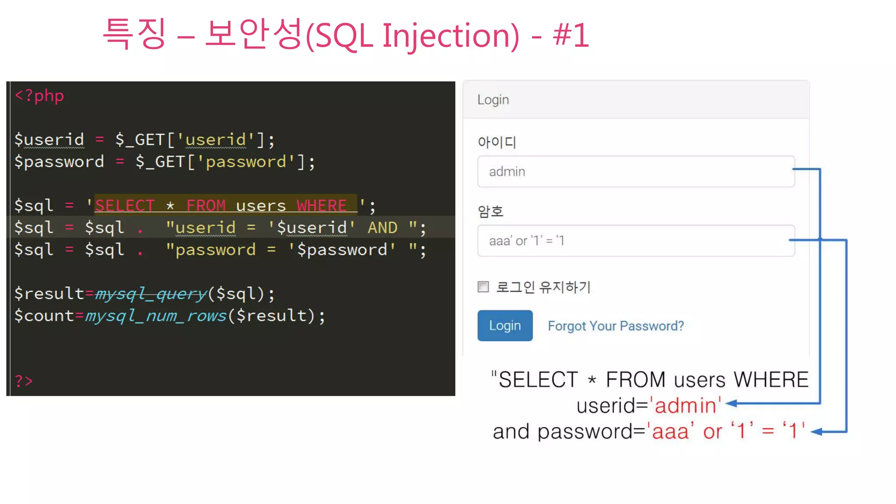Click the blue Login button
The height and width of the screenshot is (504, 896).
pyautogui.click(x=505, y=325)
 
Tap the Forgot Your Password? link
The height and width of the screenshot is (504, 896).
pyautogui.click(x=616, y=326)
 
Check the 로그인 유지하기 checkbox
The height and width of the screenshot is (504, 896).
pyautogui.click(x=483, y=287)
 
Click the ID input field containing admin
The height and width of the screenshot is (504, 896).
pyautogui.click(x=636, y=171)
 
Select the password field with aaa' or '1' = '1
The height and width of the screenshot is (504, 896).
pyautogui.click(x=636, y=241)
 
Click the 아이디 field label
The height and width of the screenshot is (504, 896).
pyautogui.click(x=497, y=142)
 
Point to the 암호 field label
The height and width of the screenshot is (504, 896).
pyautogui.click(x=490, y=212)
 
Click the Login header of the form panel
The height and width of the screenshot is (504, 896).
pyautogui.click(x=493, y=100)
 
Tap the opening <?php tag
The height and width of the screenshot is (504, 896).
pyautogui.click(x=39, y=96)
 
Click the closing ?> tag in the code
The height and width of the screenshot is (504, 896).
pyautogui.click(x=24, y=381)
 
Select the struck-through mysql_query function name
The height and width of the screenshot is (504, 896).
pyautogui.click(x=151, y=294)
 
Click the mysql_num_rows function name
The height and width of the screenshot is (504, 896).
pyautogui.click(x=156, y=315)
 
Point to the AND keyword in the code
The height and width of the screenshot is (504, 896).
pyautogui.click(x=382, y=227)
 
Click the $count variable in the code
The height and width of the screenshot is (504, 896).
pyautogui.click(x=44, y=315)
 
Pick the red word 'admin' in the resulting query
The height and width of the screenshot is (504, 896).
pyautogui.click(x=685, y=405)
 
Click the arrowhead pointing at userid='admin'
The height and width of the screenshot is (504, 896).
pyautogui.click(x=731, y=403)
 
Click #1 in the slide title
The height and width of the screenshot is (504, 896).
pyautogui.click(x=571, y=35)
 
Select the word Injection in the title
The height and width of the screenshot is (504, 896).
pyautogui.click(x=451, y=35)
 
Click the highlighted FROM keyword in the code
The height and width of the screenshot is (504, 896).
pyautogui.click(x=206, y=205)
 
